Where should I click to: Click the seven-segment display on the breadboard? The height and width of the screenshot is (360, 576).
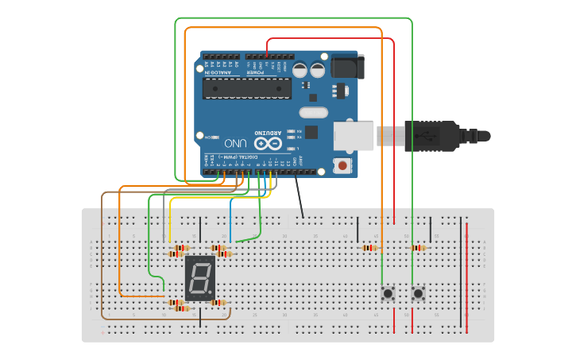click(x=199, y=277)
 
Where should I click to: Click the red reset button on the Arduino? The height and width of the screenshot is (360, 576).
click(x=342, y=165)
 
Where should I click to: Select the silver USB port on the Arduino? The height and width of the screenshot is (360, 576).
click(x=353, y=136)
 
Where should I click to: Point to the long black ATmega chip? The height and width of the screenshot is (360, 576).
click(x=246, y=88)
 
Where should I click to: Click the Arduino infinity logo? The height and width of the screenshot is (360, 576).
click(x=269, y=144)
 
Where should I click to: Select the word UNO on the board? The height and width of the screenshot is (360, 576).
click(x=235, y=144)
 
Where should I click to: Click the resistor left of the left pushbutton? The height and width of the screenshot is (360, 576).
click(x=369, y=248)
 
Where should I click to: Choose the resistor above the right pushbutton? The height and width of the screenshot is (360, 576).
click(x=418, y=248)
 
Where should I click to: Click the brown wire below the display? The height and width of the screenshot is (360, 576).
click(x=159, y=319)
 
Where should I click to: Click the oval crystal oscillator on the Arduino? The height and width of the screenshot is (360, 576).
click(x=313, y=113)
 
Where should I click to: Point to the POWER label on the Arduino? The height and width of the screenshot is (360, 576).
click(x=254, y=72)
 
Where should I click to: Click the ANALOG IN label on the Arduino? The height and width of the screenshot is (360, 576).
click(x=219, y=72)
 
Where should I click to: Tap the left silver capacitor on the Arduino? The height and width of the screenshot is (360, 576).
click(x=300, y=70)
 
